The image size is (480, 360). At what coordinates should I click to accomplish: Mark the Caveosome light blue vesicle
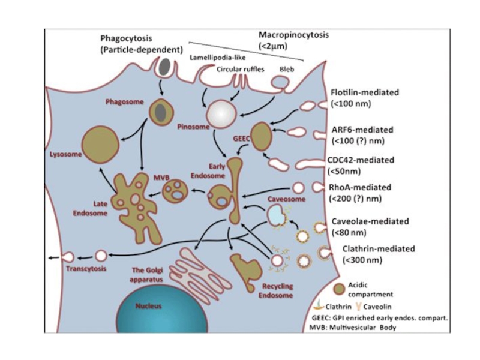coord(275,213)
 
